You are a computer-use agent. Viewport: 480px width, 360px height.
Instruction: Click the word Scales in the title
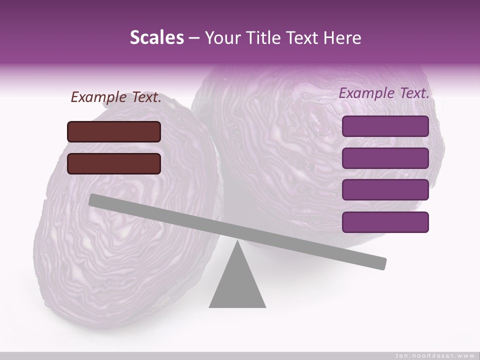156,37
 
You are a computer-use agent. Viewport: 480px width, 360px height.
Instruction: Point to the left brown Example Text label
116,97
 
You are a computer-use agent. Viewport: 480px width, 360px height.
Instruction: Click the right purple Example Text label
384,93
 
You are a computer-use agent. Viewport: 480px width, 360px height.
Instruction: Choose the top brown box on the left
114,131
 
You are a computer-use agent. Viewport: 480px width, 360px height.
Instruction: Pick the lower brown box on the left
114,163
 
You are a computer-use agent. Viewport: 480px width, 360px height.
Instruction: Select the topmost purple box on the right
385,126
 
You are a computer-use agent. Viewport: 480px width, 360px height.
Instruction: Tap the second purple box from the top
385,158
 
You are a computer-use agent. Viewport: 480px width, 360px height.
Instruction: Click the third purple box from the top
385,189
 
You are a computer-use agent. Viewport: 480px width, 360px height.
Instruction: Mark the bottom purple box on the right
385,222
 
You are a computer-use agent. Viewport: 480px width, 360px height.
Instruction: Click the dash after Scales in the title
194,38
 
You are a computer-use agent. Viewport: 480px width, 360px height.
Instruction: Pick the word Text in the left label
146,97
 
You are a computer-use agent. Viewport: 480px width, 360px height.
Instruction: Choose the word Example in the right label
366,93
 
